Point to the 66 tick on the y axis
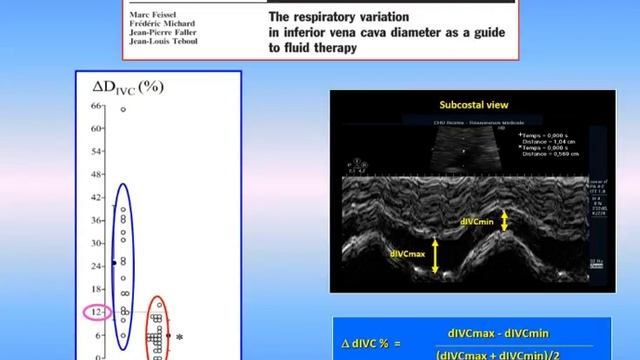pos(97,105)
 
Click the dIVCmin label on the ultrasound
pos(479,222)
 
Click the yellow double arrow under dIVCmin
pos(506,220)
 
